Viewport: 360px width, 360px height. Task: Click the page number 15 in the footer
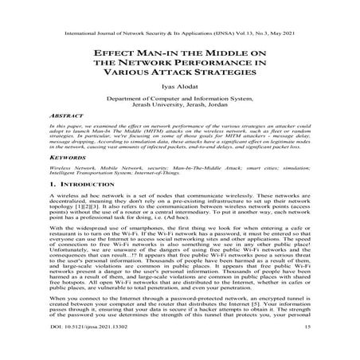click(306, 349)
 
